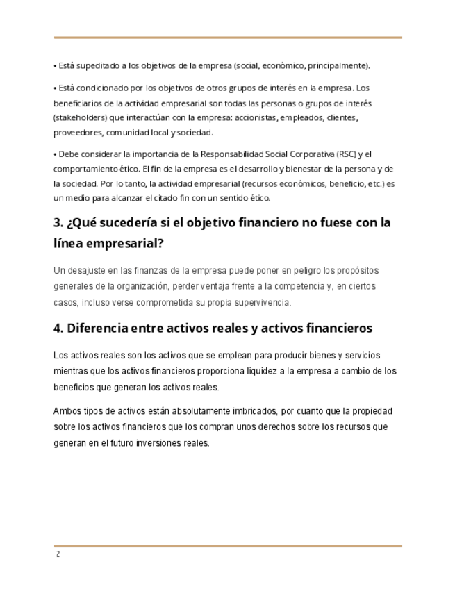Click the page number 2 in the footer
(x=58, y=555)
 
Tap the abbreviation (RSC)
(x=347, y=154)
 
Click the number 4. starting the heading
(x=59, y=328)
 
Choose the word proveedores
(x=79, y=133)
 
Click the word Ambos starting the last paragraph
(x=67, y=410)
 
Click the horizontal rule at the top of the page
(x=228, y=38)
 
